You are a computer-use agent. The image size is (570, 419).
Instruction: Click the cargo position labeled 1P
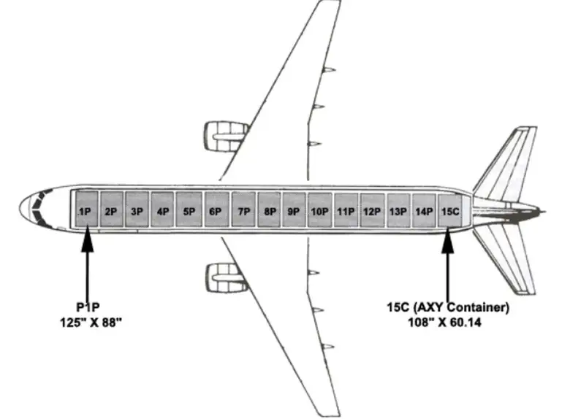[85, 211]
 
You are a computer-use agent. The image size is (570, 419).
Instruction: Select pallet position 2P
[111, 211]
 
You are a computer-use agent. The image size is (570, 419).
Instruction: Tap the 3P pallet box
[137, 211]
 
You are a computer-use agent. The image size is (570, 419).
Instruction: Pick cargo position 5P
[189, 211]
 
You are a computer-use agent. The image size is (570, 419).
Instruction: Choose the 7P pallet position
[243, 211]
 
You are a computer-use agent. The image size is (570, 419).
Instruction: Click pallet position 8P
[270, 211]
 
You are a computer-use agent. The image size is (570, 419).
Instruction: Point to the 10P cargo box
[319, 211]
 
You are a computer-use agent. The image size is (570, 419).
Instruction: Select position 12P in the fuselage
[372, 211]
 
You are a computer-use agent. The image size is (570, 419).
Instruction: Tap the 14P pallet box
[424, 211]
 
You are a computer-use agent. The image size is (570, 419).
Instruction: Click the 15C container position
[450, 211]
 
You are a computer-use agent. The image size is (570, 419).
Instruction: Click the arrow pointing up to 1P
[87, 263]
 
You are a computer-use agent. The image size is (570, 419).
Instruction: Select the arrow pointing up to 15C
[448, 263]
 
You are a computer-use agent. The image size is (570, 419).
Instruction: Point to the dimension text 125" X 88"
[91, 322]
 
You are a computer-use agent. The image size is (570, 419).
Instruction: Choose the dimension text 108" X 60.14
[448, 322]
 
